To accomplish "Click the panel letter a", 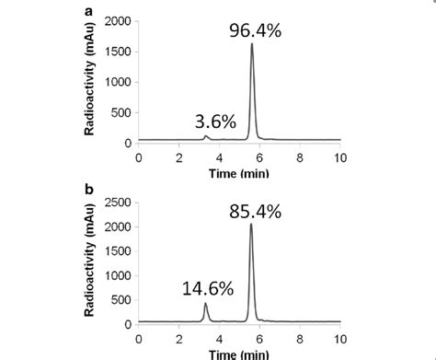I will [x=88, y=10].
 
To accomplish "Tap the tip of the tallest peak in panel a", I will [x=252, y=44].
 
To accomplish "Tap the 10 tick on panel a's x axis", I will [x=340, y=157].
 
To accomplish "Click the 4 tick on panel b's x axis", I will [x=219, y=338].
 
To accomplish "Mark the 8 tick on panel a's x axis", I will [x=300, y=157].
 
